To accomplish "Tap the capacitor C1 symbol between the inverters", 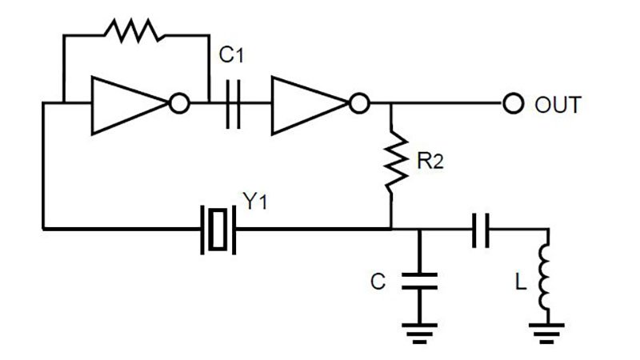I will pos(232,104).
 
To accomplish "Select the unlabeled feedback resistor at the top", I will pos(134,33).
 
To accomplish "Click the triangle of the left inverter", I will pos(128,104).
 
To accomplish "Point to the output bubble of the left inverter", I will pos(180,104).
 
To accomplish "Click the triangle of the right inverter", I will pos(308,104).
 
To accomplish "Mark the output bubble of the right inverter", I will pos(361,104).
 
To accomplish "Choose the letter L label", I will pos(520,282).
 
